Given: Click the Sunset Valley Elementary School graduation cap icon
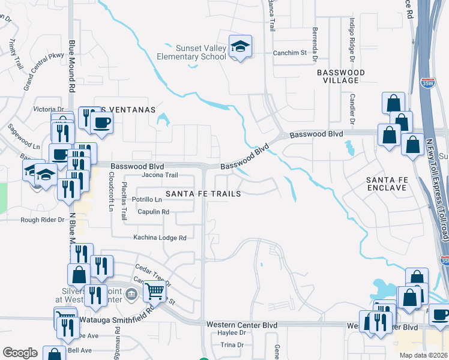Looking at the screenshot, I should [240, 47].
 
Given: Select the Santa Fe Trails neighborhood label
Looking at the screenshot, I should [203, 194].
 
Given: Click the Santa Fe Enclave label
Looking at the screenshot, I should [391, 184].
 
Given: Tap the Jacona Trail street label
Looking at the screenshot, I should [160, 175].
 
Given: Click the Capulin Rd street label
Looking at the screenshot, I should [153, 212].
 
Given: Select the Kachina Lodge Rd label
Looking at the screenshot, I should [160, 238].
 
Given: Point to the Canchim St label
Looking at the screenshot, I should [290, 52].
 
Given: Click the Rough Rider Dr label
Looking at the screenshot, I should [42, 220].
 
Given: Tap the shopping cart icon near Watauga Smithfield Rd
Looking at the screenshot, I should [155, 292].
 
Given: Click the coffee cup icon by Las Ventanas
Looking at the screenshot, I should [101, 122].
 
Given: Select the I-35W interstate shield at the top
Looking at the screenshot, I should [427, 82].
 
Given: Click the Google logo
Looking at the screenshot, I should [20, 353].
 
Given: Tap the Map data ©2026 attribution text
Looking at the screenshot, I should [423, 355].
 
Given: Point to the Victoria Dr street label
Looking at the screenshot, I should [49, 109].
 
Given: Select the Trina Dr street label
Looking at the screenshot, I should [232, 345].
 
